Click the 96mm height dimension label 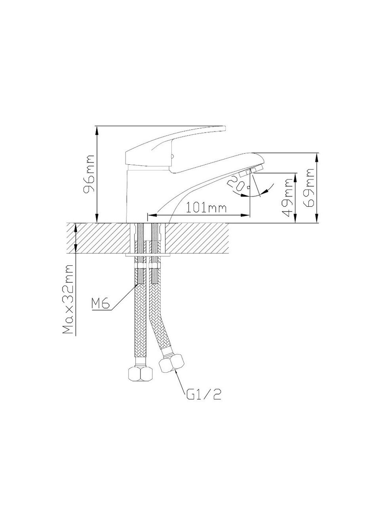[x=89, y=173]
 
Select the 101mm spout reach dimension [x=206, y=208]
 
